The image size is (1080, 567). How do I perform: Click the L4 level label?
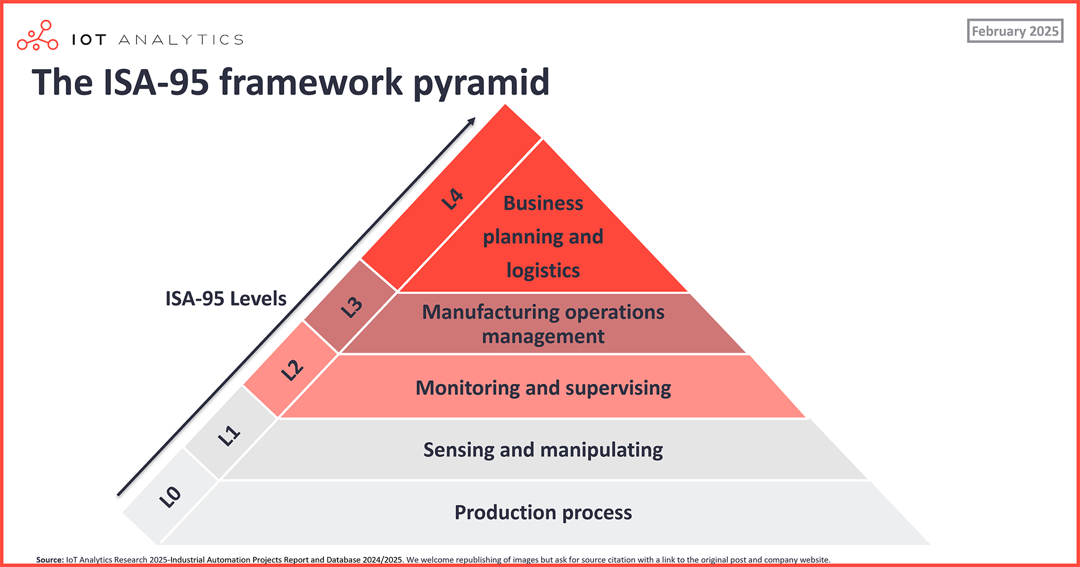pyautogui.click(x=452, y=200)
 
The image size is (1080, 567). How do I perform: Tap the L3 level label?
pyautogui.click(x=352, y=307)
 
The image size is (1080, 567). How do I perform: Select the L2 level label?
pyautogui.click(x=292, y=370)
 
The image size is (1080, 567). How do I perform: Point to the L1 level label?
pyautogui.click(x=229, y=436)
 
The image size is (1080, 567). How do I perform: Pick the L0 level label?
pyautogui.click(x=170, y=497)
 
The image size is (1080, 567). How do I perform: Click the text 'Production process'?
pyautogui.click(x=543, y=512)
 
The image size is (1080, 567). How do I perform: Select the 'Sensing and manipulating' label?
pyautogui.click(x=543, y=450)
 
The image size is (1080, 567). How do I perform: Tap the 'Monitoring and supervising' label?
pyautogui.click(x=543, y=388)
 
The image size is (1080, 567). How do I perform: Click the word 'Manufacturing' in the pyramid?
pyautogui.click(x=490, y=312)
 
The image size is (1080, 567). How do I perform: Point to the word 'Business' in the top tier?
pyautogui.click(x=543, y=203)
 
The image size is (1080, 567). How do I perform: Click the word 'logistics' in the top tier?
pyautogui.click(x=543, y=271)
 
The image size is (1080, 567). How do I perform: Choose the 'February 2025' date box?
pyautogui.click(x=1015, y=31)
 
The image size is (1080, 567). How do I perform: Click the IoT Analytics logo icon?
pyautogui.click(x=38, y=35)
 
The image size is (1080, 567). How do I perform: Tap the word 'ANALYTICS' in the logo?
pyautogui.click(x=181, y=40)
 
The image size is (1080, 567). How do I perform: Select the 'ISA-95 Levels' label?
pyautogui.click(x=226, y=299)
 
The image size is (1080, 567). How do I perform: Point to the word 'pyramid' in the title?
pyautogui.click(x=481, y=83)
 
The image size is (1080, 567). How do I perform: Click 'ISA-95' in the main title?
pyautogui.click(x=156, y=83)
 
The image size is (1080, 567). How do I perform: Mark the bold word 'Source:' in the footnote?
pyautogui.click(x=50, y=560)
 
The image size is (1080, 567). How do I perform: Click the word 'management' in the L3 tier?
pyautogui.click(x=543, y=336)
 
